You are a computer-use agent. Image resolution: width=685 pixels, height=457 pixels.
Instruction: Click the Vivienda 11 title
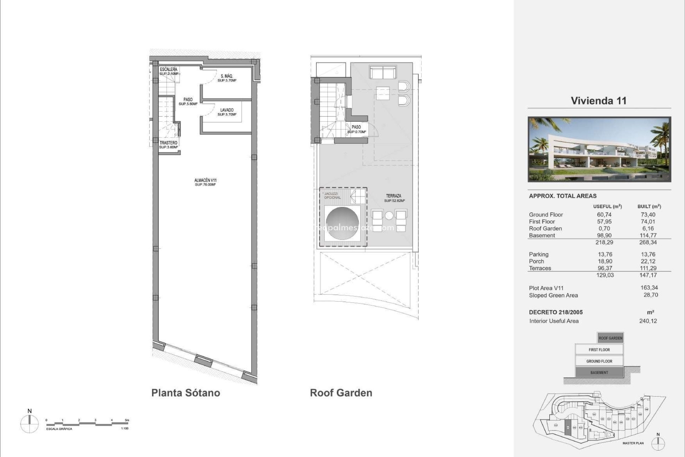coord(599,101)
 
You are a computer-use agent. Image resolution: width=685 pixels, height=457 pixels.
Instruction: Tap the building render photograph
coord(599,149)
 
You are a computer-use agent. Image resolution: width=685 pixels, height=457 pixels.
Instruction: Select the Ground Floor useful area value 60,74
coord(604,215)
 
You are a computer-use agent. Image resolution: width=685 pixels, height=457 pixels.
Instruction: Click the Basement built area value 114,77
coord(648,235)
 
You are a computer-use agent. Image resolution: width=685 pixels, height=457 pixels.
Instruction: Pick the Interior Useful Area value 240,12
coord(648,321)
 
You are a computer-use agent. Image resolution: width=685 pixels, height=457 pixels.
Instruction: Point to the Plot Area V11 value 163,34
coord(649,288)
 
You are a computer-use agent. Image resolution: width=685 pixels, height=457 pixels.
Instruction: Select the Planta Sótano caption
coord(186,393)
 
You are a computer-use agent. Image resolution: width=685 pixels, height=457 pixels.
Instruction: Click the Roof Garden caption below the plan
coord(341,393)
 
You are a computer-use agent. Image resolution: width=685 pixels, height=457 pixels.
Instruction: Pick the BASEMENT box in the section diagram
coord(599,372)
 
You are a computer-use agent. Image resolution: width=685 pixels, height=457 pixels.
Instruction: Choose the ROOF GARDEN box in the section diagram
coord(610,338)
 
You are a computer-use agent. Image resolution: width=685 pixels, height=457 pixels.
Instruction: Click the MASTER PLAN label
coord(633,443)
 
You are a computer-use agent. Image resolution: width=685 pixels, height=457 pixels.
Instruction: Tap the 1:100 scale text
coord(125,428)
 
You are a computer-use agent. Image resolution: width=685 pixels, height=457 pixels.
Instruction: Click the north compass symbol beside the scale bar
coord(30,424)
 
